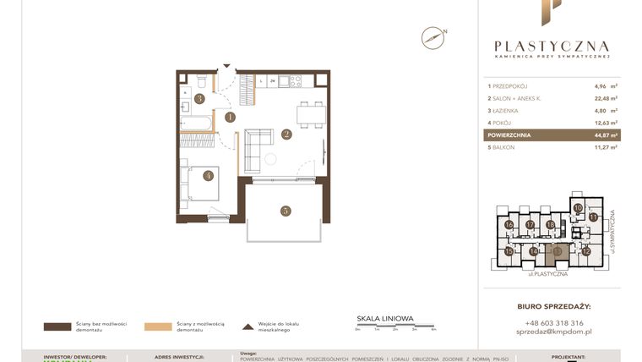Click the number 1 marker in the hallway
[230, 118]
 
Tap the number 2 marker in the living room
[286, 134]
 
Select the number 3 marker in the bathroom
[199, 98]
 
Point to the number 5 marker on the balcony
[286, 210]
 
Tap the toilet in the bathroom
[203, 81]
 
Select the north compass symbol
[433, 37]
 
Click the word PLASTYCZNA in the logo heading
[551, 47]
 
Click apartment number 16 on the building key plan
[509, 225]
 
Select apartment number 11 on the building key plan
[593, 217]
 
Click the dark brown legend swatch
[57, 326]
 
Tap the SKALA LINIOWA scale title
[385, 319]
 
